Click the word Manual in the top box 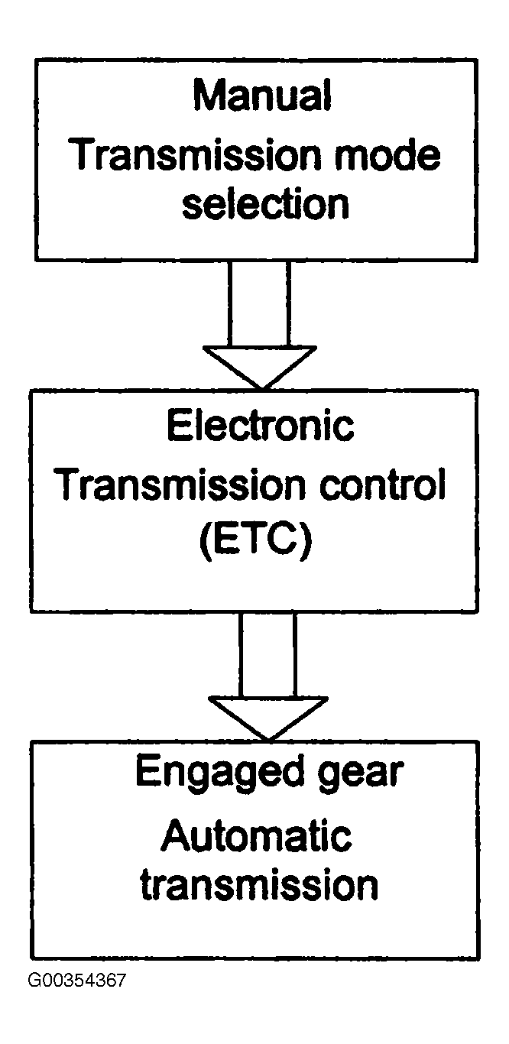click(261, 96)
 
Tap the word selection click(264, 204)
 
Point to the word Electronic click(261, 426)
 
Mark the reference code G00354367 click(76, 981)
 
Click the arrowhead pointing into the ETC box click(260, 365)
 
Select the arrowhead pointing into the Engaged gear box click(268, 716)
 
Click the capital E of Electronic click(177, 426)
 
